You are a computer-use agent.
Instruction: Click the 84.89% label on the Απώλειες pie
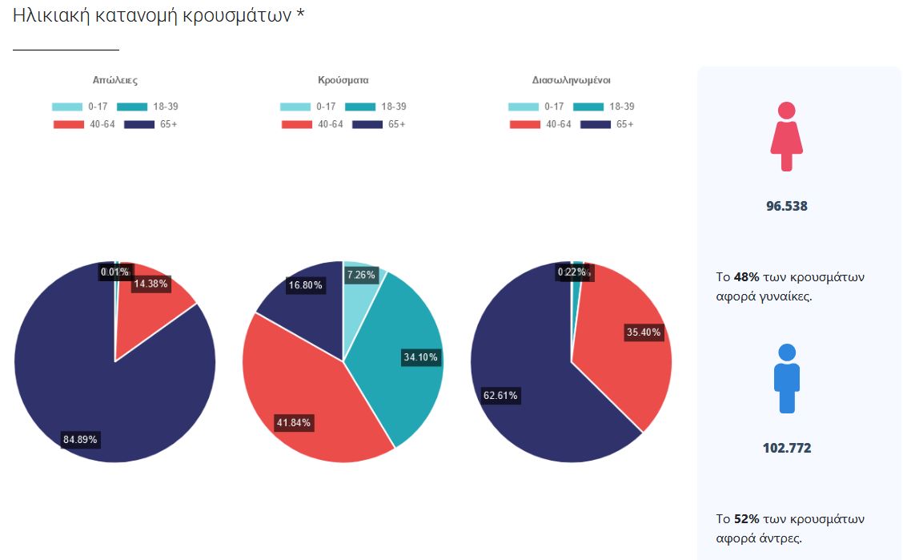[x=82, y=439]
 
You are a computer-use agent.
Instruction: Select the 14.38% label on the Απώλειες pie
[x=151, y=283]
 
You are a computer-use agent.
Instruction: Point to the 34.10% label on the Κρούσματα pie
[x=420, y=357]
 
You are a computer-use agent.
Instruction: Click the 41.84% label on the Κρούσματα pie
[x=294, y=422]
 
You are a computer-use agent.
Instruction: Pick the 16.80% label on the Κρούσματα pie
[x=304, y=285]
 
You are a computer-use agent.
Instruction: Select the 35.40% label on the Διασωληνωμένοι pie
[x=644, y=332]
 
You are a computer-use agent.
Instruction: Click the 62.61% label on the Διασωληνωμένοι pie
[x=500, y=395]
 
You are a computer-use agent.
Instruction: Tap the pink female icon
[x=786, y=136]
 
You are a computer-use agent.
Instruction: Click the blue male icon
[x=787, y=378]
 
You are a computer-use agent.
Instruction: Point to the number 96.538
[x=787, y=206]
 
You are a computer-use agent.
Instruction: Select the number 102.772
[x=787, y=448]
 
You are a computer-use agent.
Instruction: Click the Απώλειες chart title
[x=115, y=80]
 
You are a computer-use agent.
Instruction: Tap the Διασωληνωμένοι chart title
[x=572, y=80]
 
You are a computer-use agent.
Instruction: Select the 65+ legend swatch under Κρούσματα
[x=367, y=124]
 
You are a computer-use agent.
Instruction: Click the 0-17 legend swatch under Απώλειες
[x=67, y=107]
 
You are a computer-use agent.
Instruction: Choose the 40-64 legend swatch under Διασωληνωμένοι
[x=524, y=124]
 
